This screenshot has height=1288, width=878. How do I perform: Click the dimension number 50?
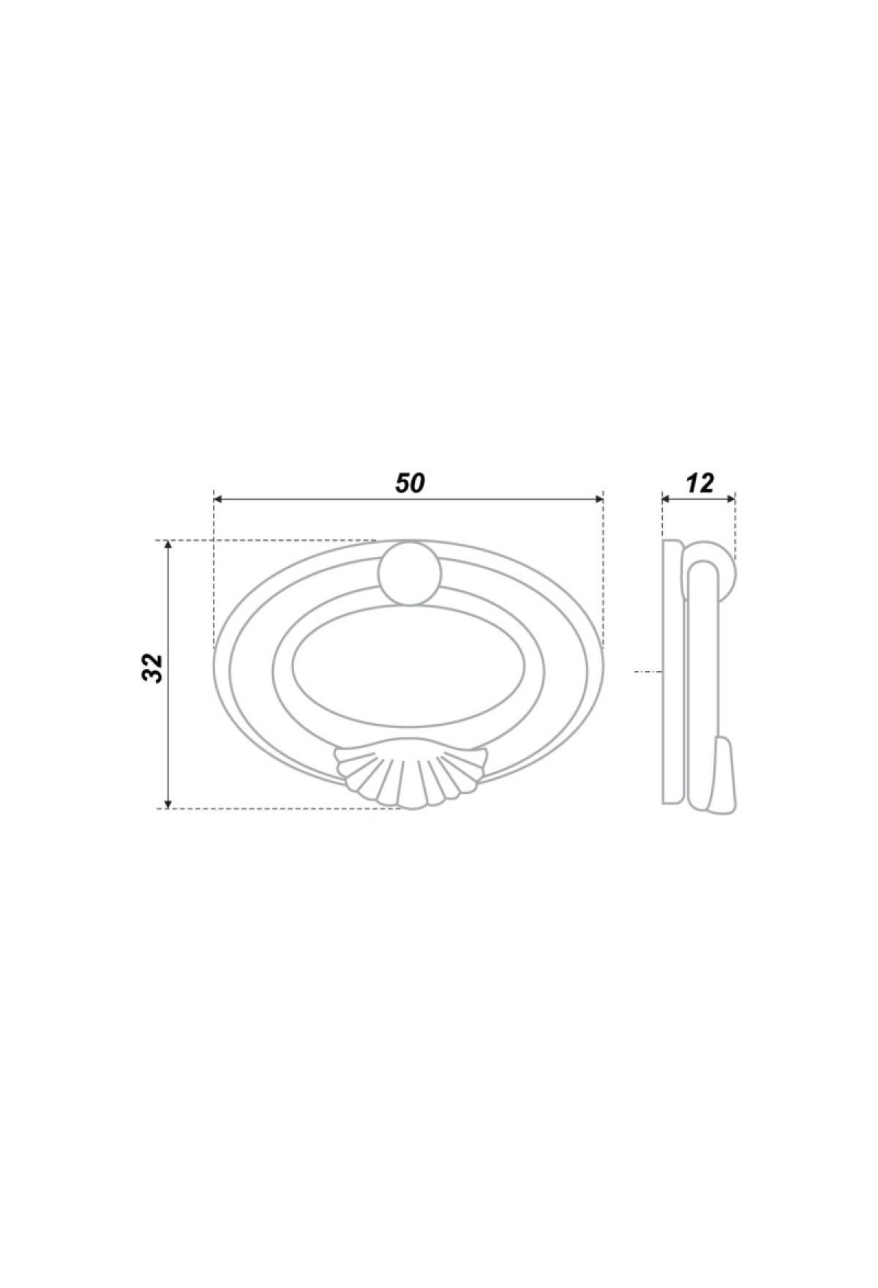point(410,483)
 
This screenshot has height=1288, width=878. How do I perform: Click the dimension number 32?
point(152,667)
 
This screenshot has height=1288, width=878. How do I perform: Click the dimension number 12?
point(699,483)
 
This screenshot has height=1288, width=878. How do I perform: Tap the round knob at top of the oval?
point(410,573)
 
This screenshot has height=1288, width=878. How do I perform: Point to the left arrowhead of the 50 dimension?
point(218,499)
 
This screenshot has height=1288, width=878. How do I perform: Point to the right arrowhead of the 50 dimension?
point(599,499)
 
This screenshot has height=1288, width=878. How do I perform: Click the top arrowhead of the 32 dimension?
point(168,546)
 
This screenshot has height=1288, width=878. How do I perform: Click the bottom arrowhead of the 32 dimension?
point(168,803)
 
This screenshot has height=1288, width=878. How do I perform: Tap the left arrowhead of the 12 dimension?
point(667,499)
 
